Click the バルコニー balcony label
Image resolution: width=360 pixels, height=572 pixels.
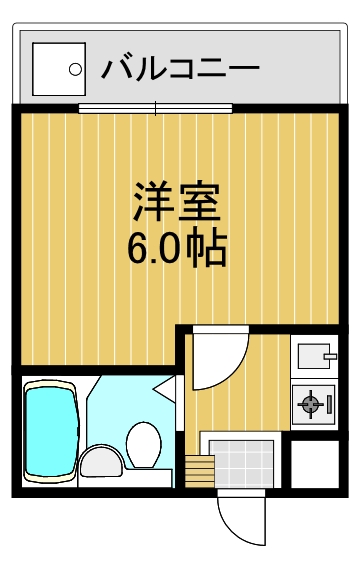(180, 69)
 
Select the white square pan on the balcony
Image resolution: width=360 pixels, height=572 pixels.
(59, 69)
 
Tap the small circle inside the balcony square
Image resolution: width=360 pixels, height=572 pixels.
(74, 70)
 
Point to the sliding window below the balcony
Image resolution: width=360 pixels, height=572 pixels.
(156, 107)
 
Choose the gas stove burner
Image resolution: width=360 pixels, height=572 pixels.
(311, 405)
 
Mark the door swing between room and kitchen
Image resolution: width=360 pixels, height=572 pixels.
(216, 360)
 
